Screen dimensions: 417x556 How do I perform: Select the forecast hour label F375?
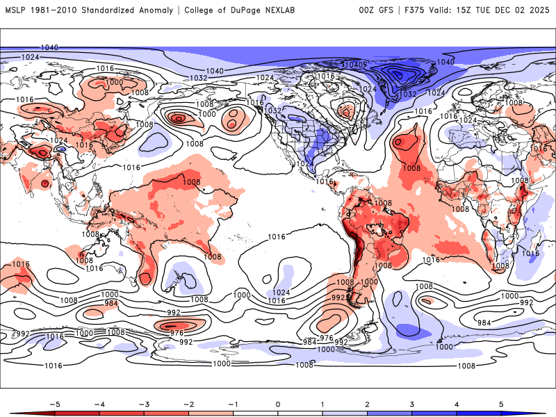(414, 10)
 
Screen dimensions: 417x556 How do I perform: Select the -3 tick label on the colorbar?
(143, 403)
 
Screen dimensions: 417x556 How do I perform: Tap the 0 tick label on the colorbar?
(278, 403)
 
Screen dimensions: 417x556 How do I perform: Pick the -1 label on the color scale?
(233, 403)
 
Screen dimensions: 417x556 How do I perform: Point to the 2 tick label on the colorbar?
(368, 403)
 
